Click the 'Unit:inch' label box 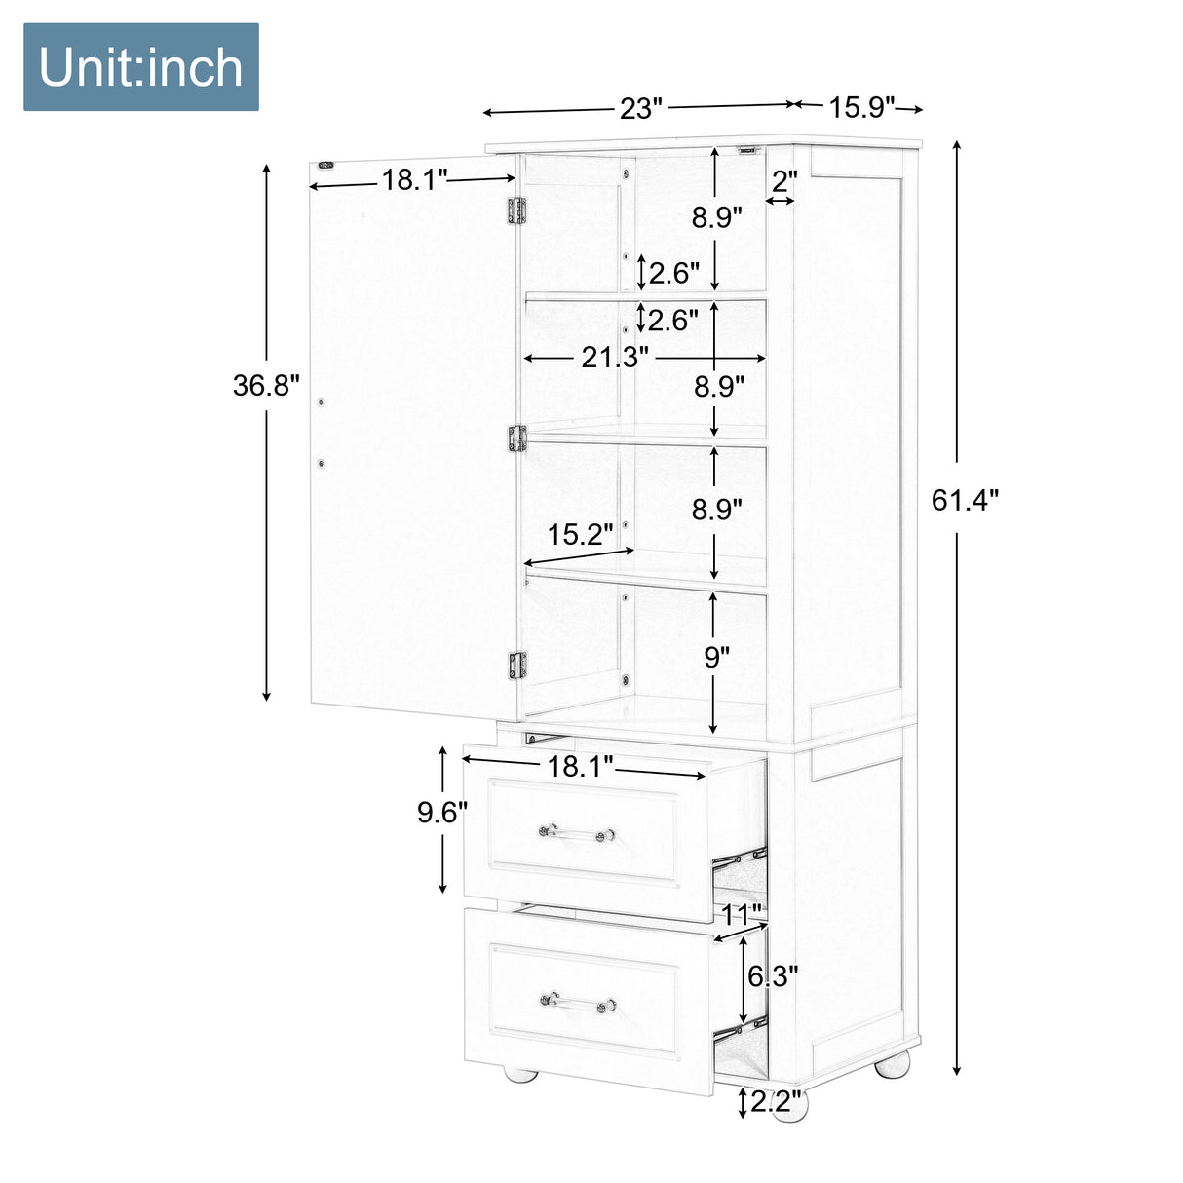[x=141, y=67]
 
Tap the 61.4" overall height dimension [x=965, y=500]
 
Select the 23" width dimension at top [x=640, y=108]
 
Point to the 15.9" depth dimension [x=861, y=107]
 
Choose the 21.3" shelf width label [x=615, y=358]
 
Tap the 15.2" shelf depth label [x=580, y=534]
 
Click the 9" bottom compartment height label [x=717, y=657]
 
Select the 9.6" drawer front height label [x=442, y=812]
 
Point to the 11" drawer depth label [x=742, y=915]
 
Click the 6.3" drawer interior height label [x=773, y=975]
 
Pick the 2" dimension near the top [x=784, y=181]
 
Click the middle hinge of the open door [x=516, y=439]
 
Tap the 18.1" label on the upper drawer [x=580, y=767]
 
